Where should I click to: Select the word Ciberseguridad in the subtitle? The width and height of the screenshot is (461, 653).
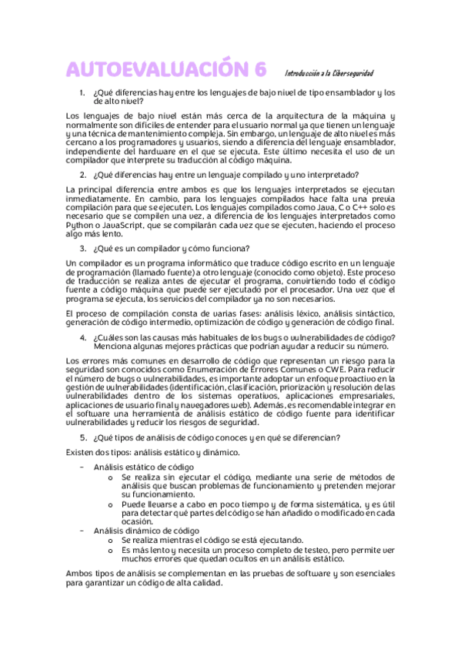[352, 73]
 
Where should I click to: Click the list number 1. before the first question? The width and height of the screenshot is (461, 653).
[83, 92]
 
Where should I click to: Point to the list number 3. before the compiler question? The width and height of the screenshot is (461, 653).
[83, 248]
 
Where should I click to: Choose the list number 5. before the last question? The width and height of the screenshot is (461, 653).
[83, 438]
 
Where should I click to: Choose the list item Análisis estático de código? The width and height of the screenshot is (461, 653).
[143, 467]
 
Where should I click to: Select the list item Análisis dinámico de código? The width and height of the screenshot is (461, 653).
[146, 531]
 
